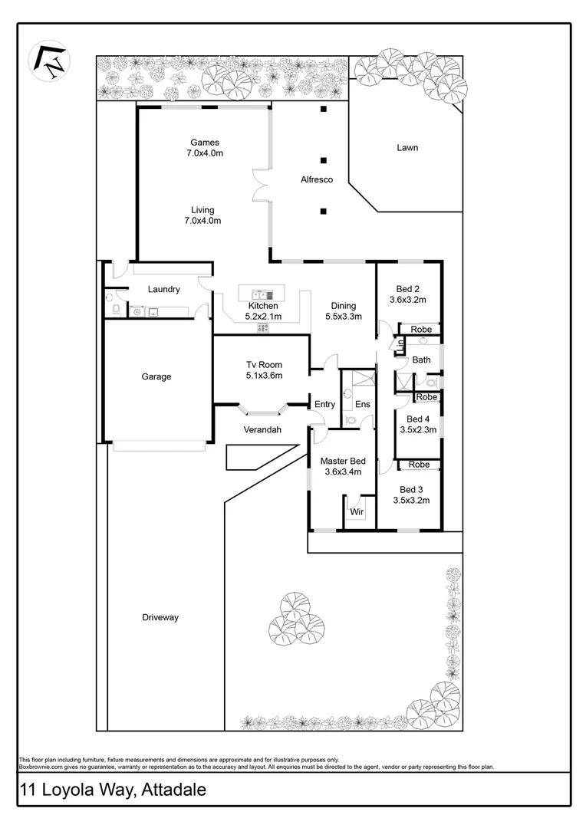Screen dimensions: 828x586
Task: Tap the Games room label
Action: pyautogui.click(x=205, y=142)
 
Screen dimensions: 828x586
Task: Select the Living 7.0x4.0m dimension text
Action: pyautogui.click(x=203, y=221)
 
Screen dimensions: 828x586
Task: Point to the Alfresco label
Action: pyautogui.click(x=316, y=179)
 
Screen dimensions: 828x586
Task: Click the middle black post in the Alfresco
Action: pyautogui.click(x=324, y=160)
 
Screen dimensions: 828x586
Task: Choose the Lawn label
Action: pyautogui.click(x=407, y=147)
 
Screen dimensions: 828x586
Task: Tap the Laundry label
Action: pyautogui.click(x=163, y=289)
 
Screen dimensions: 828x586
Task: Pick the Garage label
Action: pyautogui.click(x=156, y=376)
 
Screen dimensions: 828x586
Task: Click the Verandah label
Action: pyautogui.click(x=262, y=430)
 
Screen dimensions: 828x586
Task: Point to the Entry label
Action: pyautogui.click(x=324, y=404)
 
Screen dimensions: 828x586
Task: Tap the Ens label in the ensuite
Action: pyautogui.click(x=363, y=404)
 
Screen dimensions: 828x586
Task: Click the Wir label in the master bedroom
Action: pyautogui.click(x=357, y=511)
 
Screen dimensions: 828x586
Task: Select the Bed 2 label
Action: pyautogui.click(x=407, y=289)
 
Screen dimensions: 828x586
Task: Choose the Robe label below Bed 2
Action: pyautogui.click(x=421, y=329)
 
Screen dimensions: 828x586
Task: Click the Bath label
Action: pyautogui.click(x=421, y=360)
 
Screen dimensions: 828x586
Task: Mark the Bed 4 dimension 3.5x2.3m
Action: pyautogui.click(x=418, y=430)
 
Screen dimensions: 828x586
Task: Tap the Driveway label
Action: pyautogui.click(x=160, y=617)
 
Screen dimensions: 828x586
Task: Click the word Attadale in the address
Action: pyautogui.click(x=171, y=790)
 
